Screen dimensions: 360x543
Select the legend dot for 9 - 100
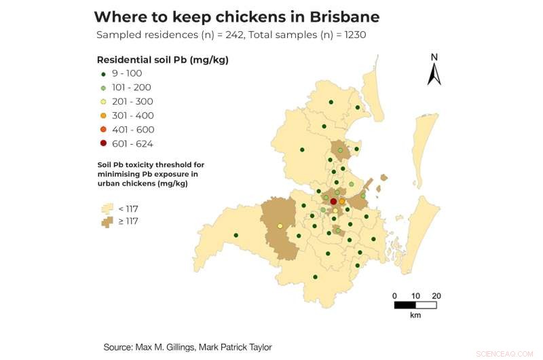pyautogui.click(x=103, y=73)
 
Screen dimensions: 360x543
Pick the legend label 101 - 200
pyautogui.click(x=132, y=88)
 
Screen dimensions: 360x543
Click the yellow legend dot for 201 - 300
pyautogui.click(x=103, y=102)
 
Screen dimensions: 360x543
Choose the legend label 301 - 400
pyautogui.click(x=133, y=115)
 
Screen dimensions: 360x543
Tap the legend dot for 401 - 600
pyautogui.click(x=103, y=130)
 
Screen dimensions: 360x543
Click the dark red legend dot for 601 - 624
pyautogui.click(x=103, y=144)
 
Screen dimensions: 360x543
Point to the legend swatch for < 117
pyautogui.click(x=107, y=208)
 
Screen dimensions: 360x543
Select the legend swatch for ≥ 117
pyautogui.click(x=107, y=221)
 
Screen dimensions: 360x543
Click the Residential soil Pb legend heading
pyautogui.click(x=162, y=60)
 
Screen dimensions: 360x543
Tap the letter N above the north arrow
pyautogui.click(x=434, y=57)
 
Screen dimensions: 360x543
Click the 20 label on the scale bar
pyautogui.click(x=436, y=295)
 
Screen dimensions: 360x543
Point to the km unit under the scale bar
pyautogui.click(x=415, y=316)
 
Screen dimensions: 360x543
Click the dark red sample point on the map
pyautogui.click(x=333, y=202)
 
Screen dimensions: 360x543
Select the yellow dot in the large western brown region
pyautogui.click(x=280, y=226)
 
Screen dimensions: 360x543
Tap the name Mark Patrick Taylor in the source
pyautogui.click(x=229, y=347)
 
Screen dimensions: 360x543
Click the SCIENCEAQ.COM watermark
pyautogui.click(x=506, y=354)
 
